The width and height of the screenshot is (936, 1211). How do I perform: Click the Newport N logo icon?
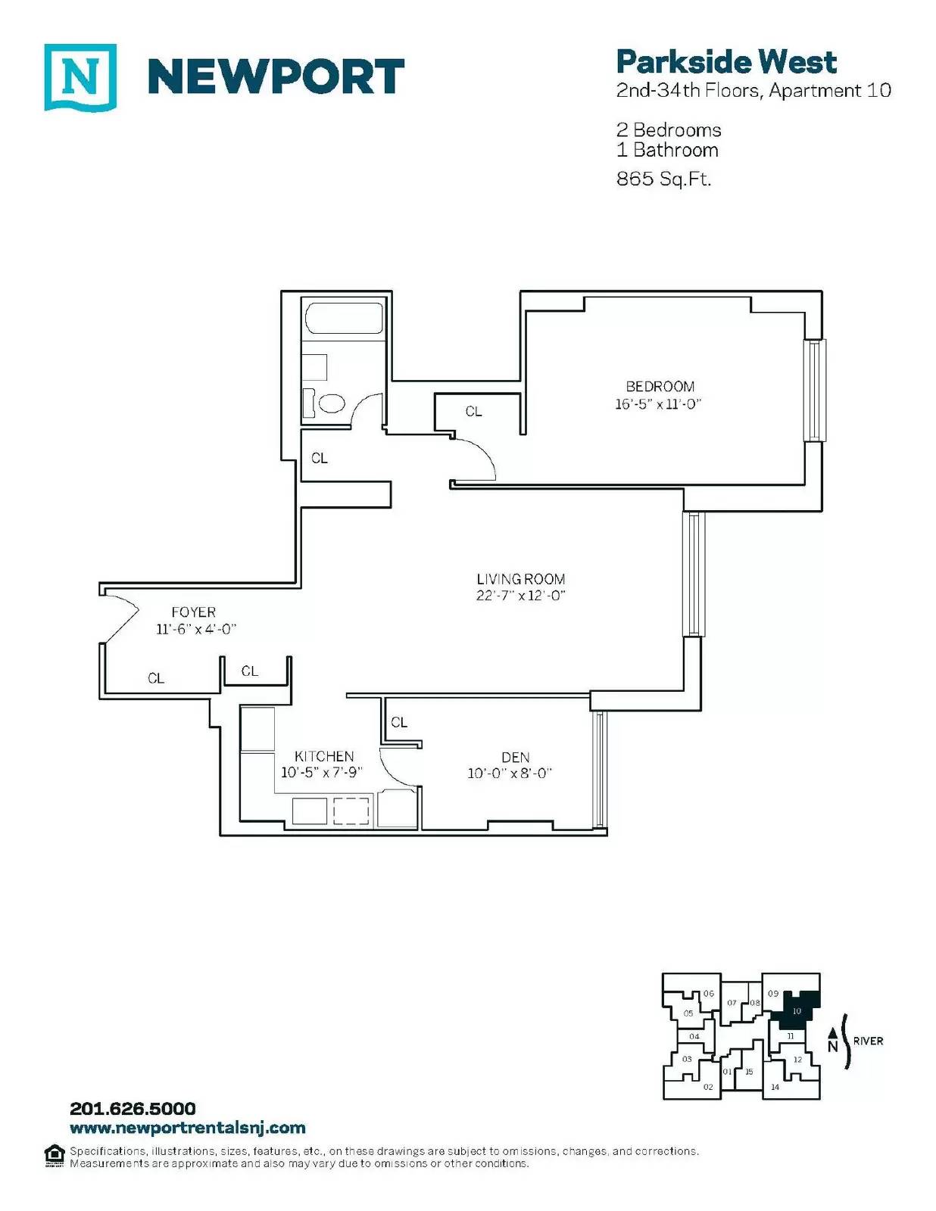click(80, 77)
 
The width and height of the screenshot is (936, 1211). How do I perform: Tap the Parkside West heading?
click(725, 62)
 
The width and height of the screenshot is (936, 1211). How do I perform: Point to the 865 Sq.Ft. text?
click(663, 179)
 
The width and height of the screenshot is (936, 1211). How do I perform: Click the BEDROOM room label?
click(660, 386)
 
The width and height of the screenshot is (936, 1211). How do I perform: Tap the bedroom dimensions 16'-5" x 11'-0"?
click(657, 404)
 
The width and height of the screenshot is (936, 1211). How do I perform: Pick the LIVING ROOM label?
click(521, 579)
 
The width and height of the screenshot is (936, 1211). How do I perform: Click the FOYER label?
click(193, 612)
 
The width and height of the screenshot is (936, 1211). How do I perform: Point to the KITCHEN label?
click(324, 756)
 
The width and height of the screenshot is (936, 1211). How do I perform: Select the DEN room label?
click(515, 757)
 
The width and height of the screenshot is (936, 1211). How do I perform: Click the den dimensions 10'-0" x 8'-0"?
click(510, 773)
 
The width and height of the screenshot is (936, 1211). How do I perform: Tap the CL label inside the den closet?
click(398, 722)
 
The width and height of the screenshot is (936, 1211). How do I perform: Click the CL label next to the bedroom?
click(473, 411)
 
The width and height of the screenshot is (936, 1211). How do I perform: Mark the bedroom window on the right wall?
click(815, 391)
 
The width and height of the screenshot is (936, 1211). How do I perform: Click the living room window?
click(694, 574)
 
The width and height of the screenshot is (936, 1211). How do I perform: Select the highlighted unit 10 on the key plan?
click(797, 1010)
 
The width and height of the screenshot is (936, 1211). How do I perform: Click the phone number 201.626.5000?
click(133, 1109)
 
